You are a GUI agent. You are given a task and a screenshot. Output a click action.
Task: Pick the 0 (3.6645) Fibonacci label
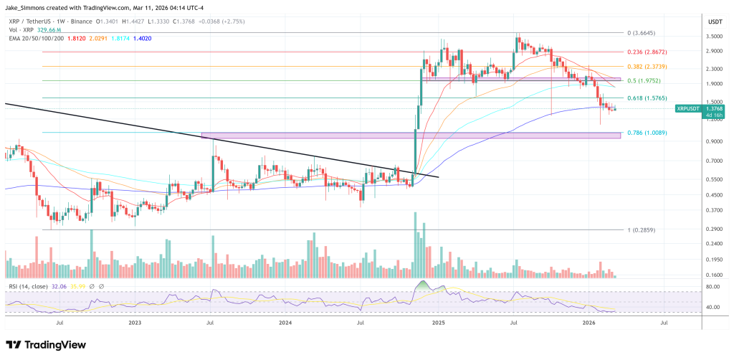[x=642, y=33]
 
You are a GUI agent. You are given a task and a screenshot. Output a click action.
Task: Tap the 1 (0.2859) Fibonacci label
[x=642, y=230]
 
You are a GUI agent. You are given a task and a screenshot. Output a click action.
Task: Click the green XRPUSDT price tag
[x=689, y=108]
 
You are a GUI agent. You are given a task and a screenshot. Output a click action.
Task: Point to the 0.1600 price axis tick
[x=715, y=275]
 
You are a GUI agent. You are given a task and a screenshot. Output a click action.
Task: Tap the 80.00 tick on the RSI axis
[x=713, y=287]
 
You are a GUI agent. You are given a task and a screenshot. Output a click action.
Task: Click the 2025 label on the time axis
[x=437, y=323]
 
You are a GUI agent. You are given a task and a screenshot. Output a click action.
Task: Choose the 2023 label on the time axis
[x=135, y=323]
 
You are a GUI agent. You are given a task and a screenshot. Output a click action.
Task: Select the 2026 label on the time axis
[x=588, y=323]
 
